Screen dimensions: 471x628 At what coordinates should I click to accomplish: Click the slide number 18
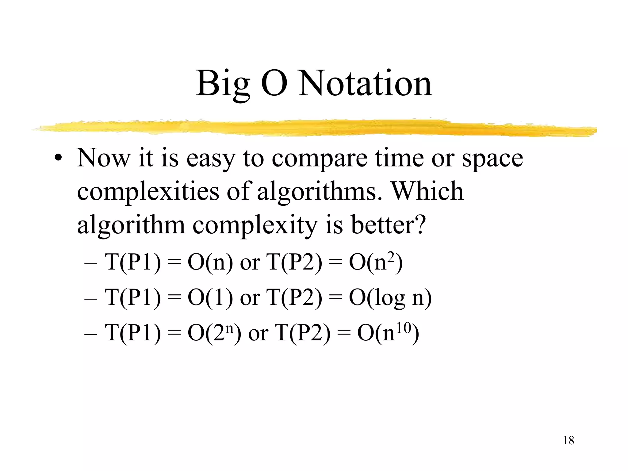pos(569,441)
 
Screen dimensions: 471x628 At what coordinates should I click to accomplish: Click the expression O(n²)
pos(376,262)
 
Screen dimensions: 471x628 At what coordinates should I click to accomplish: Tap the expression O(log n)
pos(390,297)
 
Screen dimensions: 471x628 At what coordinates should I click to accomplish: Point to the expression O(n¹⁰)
pos(388,332)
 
